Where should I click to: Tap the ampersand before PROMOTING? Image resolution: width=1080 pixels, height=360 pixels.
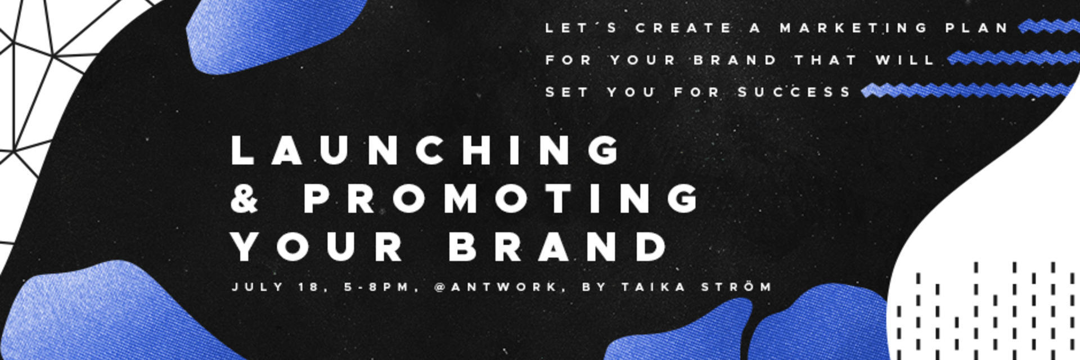(x=245, y=199)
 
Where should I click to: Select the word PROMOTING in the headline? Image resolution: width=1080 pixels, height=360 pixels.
(x=502, y=199)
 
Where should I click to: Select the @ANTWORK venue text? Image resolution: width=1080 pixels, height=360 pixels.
(x=496, y=287)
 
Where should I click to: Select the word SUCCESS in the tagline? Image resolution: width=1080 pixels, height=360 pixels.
(x=795, y=92)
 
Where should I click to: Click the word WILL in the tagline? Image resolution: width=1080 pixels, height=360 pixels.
(x=905, y=60)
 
